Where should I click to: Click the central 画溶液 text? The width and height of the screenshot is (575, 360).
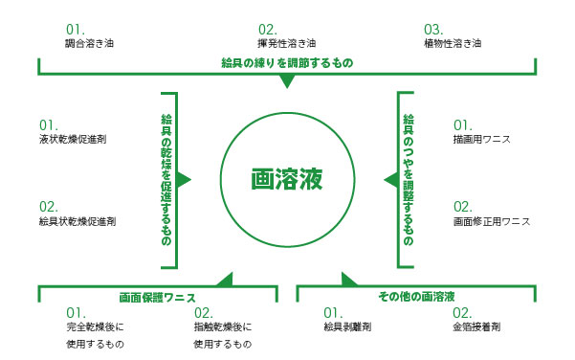286,179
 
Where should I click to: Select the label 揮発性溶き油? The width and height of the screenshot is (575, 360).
288,43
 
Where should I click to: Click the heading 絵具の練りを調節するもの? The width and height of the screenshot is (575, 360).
286,64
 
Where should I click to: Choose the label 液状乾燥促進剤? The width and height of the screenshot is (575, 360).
72,139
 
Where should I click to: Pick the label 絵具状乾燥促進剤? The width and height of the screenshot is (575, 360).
77,221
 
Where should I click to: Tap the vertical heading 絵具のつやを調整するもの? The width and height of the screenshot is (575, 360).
409,179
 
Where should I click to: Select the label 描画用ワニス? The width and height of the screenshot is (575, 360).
481,140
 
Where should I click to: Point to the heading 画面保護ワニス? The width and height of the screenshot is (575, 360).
158,297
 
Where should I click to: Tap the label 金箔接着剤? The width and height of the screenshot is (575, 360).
475,327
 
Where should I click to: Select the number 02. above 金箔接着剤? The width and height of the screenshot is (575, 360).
462,312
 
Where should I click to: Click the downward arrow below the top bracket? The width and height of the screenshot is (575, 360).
285,82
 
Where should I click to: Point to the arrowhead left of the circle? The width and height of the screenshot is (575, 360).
186,179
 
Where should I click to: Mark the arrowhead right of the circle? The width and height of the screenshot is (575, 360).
389,179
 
